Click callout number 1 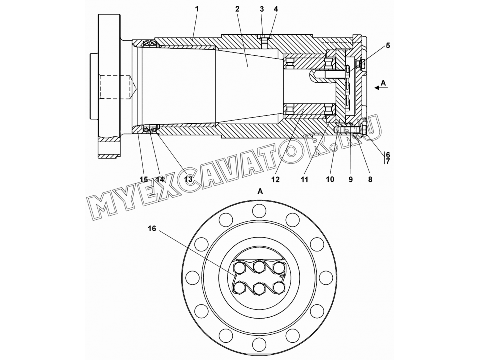pos(197,9)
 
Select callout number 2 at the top pos(237,9)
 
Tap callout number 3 pos(262,9)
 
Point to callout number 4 pos(276,9)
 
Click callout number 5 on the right pos(388,46)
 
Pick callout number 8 pos(370,179)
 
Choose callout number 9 pos(351,179)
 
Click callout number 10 pos(330,179)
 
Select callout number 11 pos(304,179)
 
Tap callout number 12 pos(275,179)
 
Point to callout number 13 pos(188,179)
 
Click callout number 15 pos(144,179)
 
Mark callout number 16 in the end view pos(152,228)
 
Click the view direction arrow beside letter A pos(381,88)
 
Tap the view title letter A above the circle pos(260,191)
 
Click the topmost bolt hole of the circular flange pos(259,210)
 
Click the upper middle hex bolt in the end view pos(259,266)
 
